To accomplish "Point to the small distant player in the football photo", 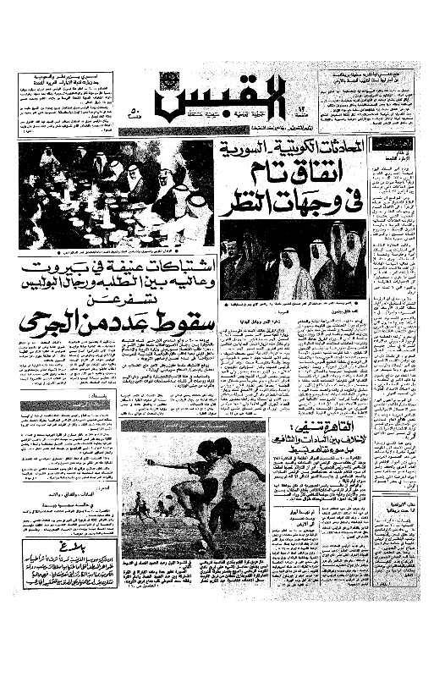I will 139,506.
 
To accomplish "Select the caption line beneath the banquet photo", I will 114,253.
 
